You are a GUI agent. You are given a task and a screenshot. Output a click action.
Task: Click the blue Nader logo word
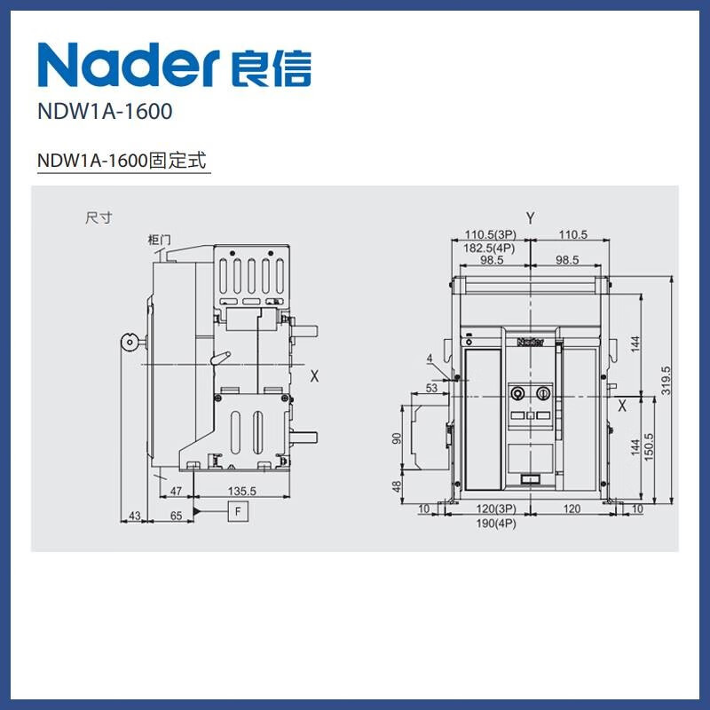click(129, 65)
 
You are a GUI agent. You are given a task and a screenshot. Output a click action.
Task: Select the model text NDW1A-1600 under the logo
click(105, 112)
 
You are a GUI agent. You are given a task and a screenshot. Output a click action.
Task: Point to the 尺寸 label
click(99, 217)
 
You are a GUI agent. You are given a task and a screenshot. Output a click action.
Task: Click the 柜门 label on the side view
click(160, 239)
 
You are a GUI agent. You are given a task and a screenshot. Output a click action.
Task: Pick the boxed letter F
click(238, 512)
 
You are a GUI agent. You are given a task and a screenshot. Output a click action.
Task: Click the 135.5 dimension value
click(242, 492)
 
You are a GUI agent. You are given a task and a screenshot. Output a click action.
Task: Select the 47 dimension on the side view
click(176, 492)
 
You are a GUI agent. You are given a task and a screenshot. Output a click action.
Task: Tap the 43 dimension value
click(135, 516)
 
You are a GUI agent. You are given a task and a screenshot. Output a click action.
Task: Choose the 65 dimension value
click(176, 516)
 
